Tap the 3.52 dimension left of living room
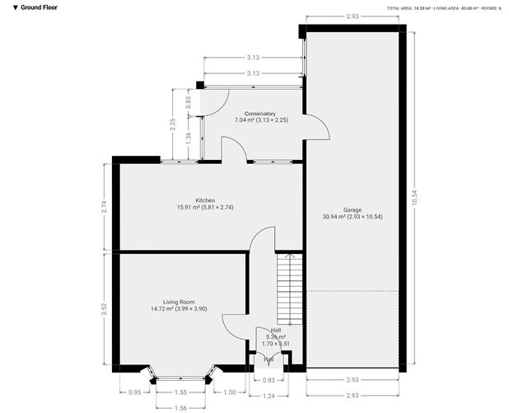pyautogui.click(x=103, y=308)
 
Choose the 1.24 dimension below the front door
pyautogui.click(x=269, y=397)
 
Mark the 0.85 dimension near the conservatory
pyautogui.click(x=189, y=102)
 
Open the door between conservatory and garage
pyautogui.click(x=317, y=127)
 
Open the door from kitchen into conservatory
pyautogui.click(x=234, y=149)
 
